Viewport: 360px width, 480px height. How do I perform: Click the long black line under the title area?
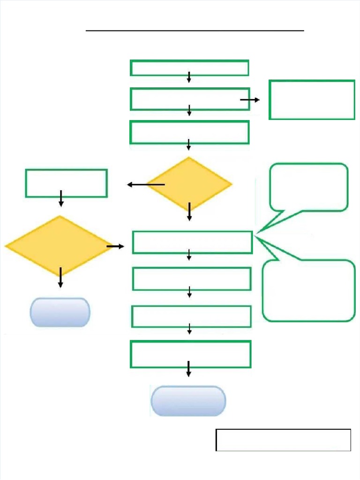195,30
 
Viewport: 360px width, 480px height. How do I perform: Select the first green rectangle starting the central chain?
189,67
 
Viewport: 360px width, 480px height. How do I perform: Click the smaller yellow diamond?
189,184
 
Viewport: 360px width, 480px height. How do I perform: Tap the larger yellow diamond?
60,246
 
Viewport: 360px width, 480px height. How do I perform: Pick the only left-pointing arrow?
145,185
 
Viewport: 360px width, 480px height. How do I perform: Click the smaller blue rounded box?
60,312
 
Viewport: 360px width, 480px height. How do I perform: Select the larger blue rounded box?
188,401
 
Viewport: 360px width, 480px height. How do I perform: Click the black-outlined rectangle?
283,440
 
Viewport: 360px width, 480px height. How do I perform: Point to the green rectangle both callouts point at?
192,242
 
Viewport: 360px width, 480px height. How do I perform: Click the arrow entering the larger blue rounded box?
188,368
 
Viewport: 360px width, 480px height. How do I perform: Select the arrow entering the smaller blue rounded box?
60,277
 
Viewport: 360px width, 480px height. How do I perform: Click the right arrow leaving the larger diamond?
115,246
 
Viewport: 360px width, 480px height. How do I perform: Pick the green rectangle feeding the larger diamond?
66,183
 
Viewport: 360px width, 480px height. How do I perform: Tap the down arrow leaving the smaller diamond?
189,211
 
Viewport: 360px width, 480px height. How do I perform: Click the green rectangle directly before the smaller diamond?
189,132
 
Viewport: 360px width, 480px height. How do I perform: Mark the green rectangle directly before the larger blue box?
190,354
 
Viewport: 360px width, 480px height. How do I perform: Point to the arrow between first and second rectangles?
189,77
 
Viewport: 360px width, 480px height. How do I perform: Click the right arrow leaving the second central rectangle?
250,100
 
